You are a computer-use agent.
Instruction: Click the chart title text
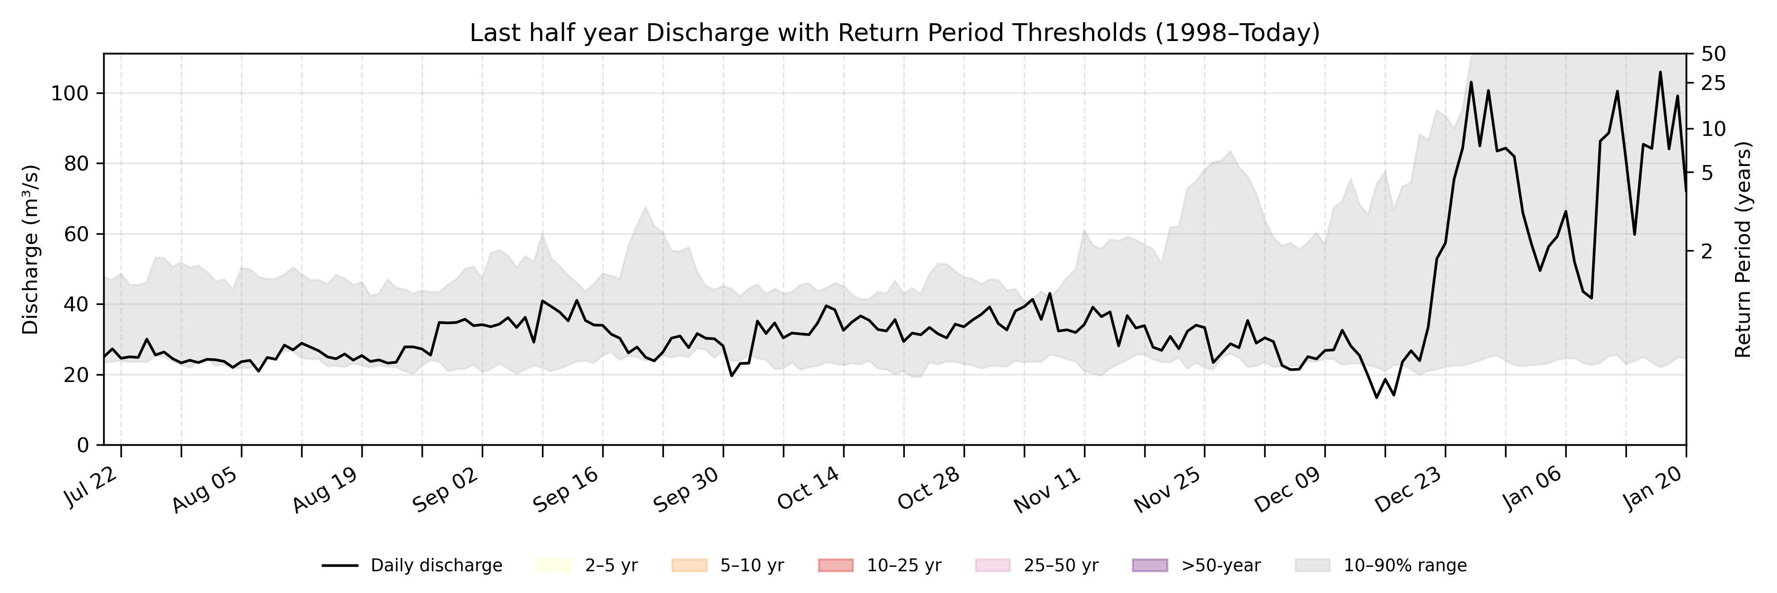pyautogui.click(x=894, y=33)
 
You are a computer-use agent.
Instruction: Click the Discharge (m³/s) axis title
pyautogui.click(x=30, y=249)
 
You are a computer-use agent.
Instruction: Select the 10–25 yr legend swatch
pyautogui.click(x=835, y=565)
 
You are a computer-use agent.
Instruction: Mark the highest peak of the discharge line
pyautogui.click(x=1660, y=72)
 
